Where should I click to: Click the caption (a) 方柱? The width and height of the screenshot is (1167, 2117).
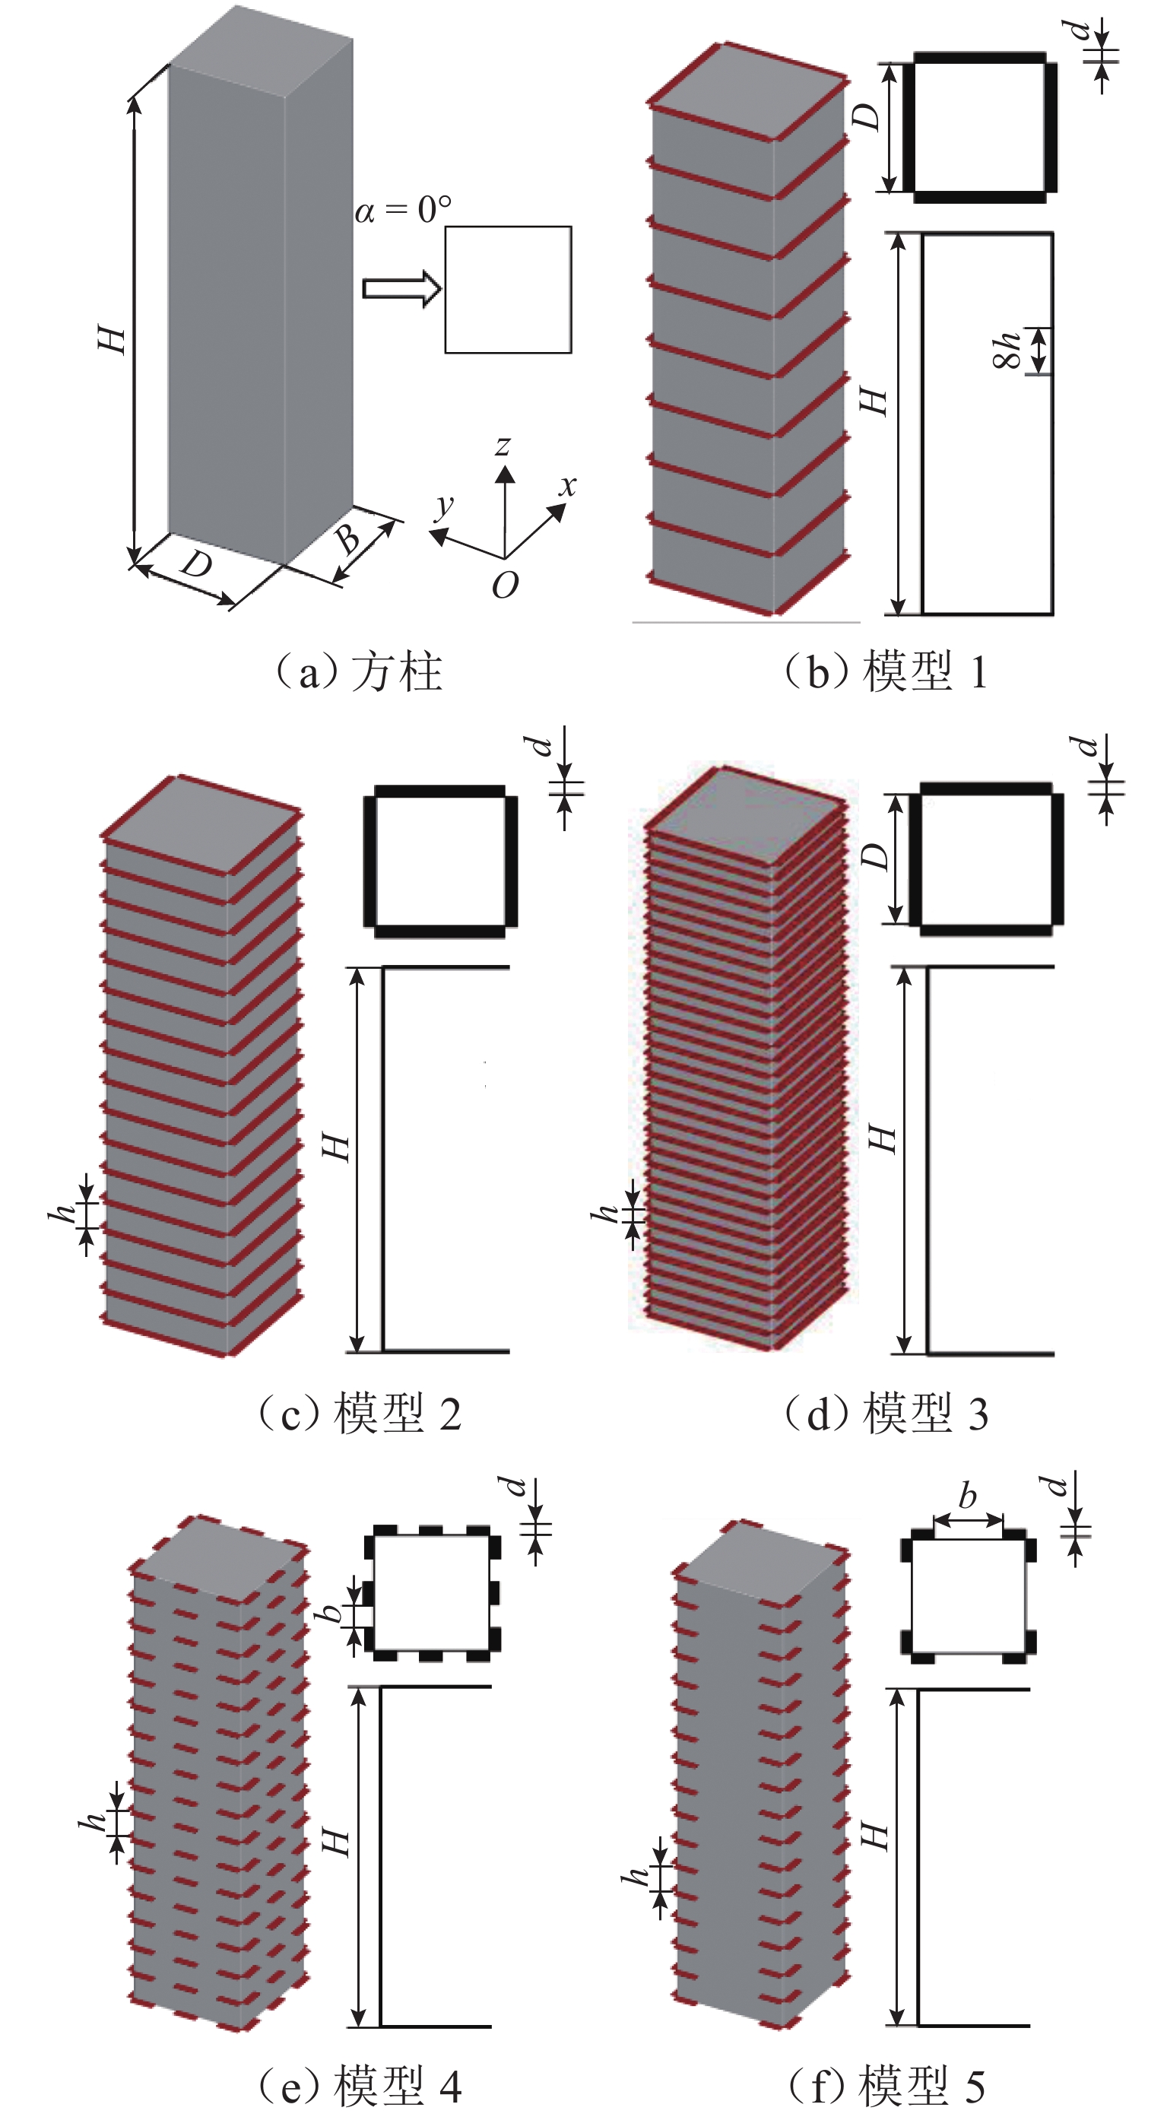[359, 671]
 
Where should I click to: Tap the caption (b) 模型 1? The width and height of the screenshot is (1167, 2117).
[886, 671]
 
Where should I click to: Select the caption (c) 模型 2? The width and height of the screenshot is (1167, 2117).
[359, 1413]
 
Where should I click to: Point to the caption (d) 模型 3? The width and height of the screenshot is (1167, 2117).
[886, 1413]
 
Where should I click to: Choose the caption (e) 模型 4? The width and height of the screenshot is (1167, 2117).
[359, 2085]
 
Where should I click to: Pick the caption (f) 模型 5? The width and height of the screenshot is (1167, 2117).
[886, 2085]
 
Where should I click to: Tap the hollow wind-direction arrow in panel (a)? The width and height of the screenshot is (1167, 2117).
[402, 288]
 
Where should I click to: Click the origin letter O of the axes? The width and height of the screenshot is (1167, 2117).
[505, 585]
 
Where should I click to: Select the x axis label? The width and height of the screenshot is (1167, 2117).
[567, 485]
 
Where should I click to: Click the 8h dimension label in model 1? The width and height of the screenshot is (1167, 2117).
[1008, 350]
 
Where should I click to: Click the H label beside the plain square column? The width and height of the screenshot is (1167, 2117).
[113, 338]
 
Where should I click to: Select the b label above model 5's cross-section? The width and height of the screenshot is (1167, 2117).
[967, 1496]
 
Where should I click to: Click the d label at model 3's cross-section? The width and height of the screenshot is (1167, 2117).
[1086, 745]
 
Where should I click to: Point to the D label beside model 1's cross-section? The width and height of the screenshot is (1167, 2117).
[868, 116]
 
